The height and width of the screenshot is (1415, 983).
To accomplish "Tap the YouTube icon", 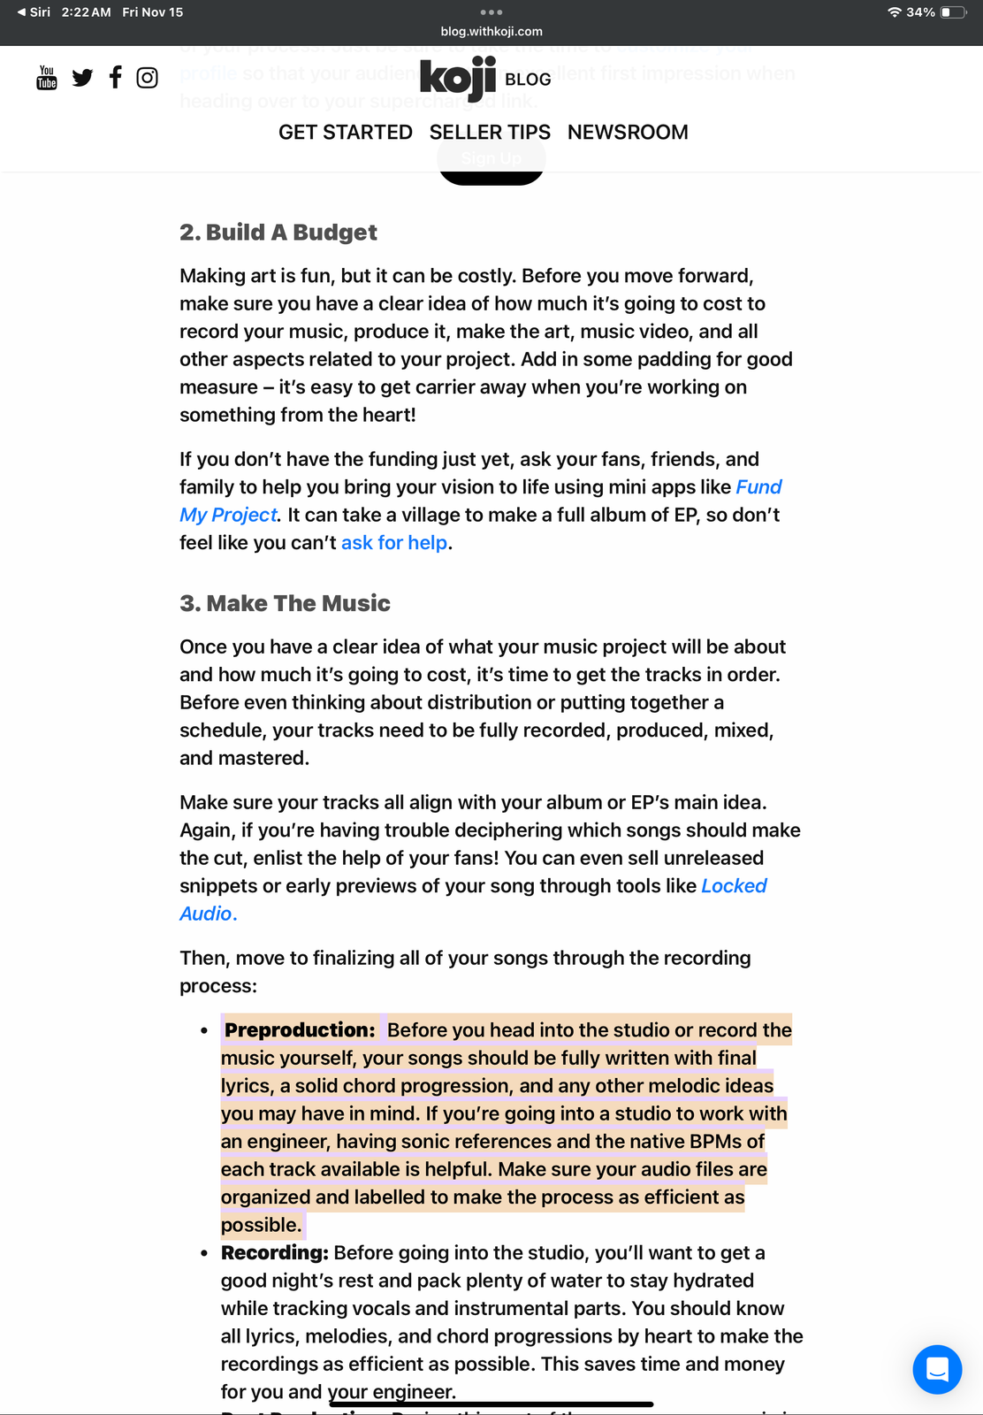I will point(47,78).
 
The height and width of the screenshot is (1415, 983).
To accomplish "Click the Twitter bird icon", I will point(82,78).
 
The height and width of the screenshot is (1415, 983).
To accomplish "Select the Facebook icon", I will point(115,78).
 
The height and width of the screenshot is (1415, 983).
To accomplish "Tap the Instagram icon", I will point(148,78).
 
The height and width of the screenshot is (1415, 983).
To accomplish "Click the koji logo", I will point(458,78).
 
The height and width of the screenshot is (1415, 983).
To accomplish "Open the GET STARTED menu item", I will point(345,133).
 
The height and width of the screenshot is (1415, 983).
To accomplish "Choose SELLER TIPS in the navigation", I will point(490,133).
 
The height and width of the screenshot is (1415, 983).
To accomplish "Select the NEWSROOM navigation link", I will point(628,133).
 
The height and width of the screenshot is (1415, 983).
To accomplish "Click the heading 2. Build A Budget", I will point(278,233).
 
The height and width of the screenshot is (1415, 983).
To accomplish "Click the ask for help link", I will point(394,543).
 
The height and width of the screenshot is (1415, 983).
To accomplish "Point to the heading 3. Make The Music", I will point(285,603).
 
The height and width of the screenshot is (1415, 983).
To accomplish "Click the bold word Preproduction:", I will point(300,1030).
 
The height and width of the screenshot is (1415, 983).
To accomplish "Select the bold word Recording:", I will point(274,1253).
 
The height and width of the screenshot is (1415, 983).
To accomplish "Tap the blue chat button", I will point(937,1369).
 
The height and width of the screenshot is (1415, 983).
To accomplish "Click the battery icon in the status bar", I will point(952,12).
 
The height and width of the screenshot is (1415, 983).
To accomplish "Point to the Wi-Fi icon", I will point(895,12).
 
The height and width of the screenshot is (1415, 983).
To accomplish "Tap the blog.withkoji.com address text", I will point(492,32).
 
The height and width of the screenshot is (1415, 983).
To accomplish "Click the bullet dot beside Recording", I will point(204,1254).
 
